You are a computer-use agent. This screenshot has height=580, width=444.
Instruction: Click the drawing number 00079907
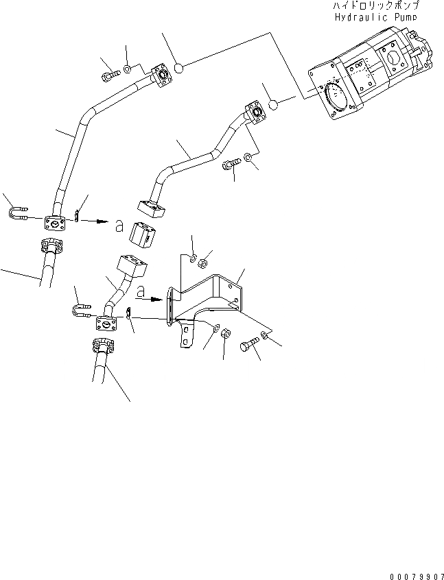[414, 574]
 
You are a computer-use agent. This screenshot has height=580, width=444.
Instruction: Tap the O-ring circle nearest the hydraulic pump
[273, 105]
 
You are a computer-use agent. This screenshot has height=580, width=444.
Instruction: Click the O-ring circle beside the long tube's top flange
[178, 68]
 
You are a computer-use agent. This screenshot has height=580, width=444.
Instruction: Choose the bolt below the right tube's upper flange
[229, 165]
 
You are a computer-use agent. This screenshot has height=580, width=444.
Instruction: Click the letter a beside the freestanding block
[119, 226]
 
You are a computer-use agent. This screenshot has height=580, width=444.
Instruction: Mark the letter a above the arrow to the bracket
[141, 292]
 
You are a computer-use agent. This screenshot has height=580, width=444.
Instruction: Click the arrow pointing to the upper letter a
[99, 221]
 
